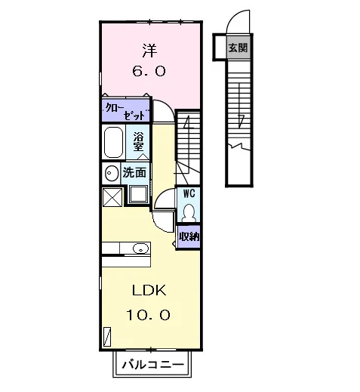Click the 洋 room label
(x=149, y=51)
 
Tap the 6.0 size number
(x=149, y=71)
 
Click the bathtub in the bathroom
(x=113, y=142)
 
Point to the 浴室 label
(x=138, y=142)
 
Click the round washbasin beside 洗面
(x=112, y=173)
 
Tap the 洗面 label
(x=134, y=173)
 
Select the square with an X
(x=112, y=197)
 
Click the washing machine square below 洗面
(x=138, y=194)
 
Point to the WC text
(x=189, y=193)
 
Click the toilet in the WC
(x=189, y=213)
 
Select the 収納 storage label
(x=189, y=236)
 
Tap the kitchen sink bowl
(x=140, y=248)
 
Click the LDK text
(x=149, y=291)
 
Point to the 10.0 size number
(x=148, y=315)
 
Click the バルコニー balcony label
(x=153, y=364)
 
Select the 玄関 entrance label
(x=238, y=48)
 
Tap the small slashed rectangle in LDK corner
(x=107, y=337)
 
